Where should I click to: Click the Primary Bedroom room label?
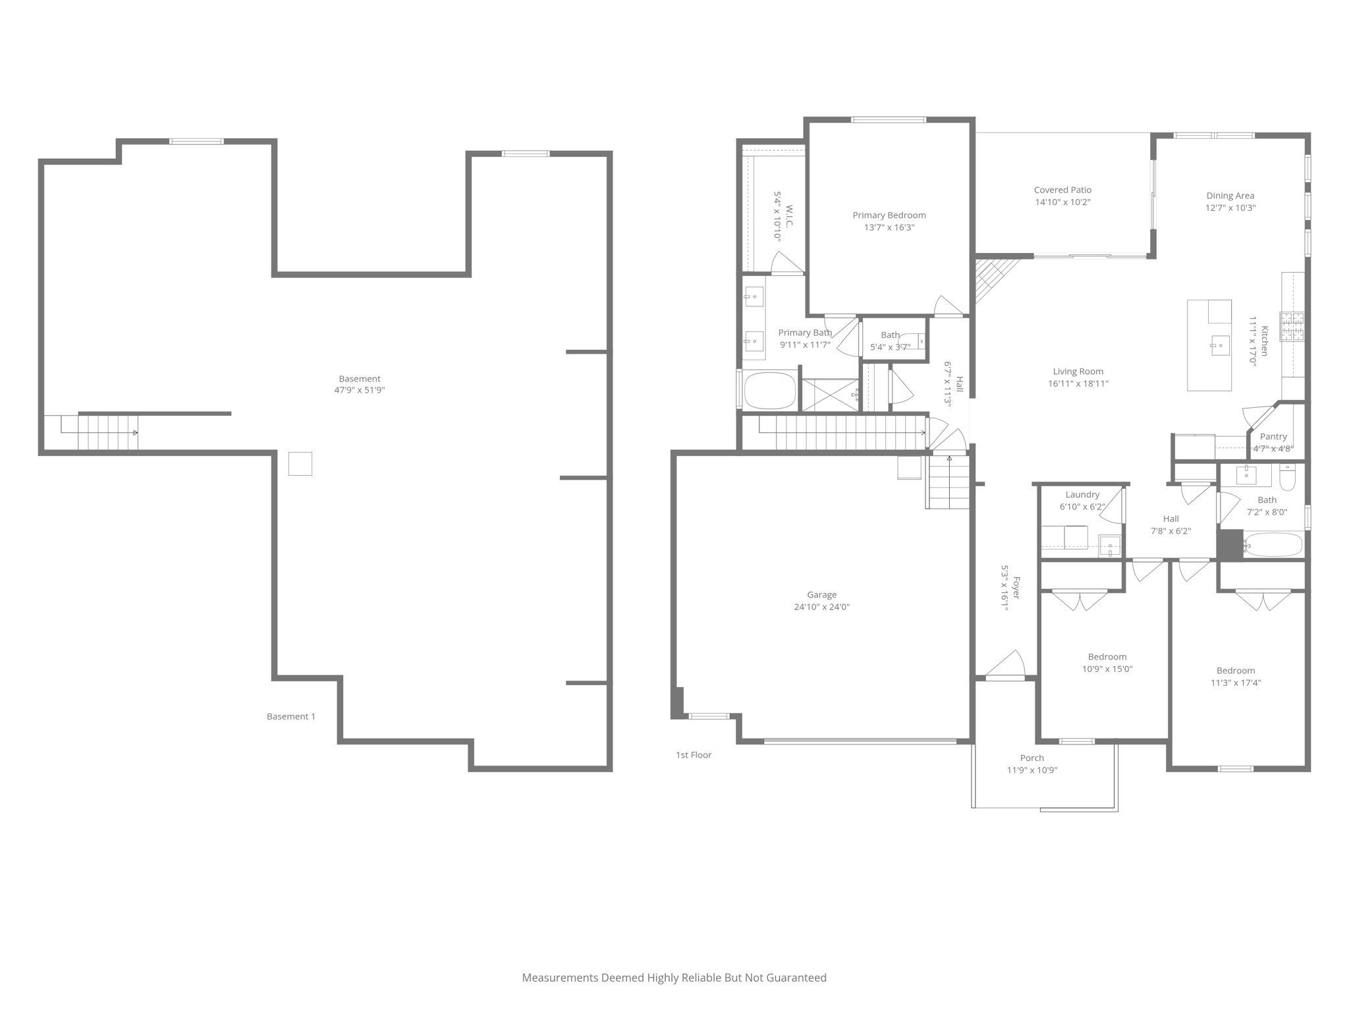[x=889, y=215]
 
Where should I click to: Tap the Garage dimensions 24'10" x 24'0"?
[x=821, y=607]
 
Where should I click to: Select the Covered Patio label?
[x=1062, y=190]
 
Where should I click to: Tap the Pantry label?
[x=1273, y=437]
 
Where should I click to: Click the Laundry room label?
[x=1082, y=495]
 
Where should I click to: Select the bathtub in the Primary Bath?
[x=769, y=391]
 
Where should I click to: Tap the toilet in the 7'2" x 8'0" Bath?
[x=1287, y=478]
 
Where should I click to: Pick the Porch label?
[x=1032, y=758]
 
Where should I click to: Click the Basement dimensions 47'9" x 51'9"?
[x=359, y=390]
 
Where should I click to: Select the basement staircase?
[x=107, y=433]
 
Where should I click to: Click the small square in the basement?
[x=300, y=464]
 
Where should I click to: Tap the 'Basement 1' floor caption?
[x=290, y=716]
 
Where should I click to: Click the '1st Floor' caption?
[x=693, y=755]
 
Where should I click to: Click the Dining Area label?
[x=1230, y=196]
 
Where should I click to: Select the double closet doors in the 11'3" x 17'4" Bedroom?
[x=1262, y=600]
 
